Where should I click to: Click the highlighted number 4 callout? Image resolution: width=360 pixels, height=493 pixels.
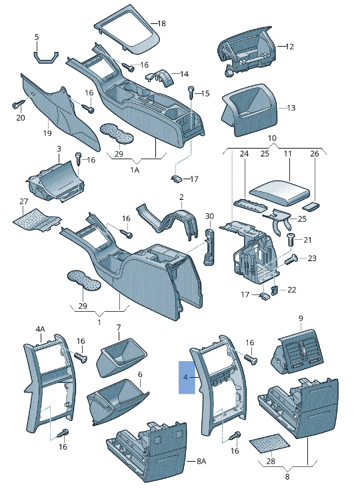[186, 377]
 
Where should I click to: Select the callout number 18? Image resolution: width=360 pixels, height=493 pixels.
[161, 23]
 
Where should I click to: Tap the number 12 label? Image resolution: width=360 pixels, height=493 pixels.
[289, 47]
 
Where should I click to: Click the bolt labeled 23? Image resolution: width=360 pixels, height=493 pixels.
[291, 260]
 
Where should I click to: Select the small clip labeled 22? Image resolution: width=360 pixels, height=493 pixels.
[274, 290]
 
